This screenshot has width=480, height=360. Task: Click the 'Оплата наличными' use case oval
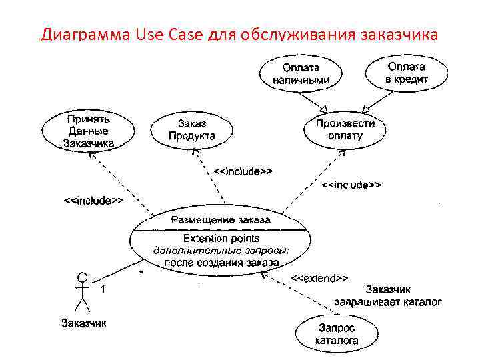301,74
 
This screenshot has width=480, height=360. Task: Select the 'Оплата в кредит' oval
407,73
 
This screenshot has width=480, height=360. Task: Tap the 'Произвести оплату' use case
345,129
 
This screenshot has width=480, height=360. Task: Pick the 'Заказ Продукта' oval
192,129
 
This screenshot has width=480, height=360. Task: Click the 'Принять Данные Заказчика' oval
88,131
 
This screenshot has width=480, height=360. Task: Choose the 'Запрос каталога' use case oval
337,334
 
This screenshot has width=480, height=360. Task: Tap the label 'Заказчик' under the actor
83,324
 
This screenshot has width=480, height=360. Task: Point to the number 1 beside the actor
103,290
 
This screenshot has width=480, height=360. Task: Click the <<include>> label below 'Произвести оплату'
352,185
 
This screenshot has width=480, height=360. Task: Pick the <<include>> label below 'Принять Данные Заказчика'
93,199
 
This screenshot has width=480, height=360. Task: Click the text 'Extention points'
221,238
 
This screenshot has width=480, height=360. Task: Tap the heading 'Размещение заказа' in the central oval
221,220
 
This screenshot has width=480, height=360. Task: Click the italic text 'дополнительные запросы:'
221,251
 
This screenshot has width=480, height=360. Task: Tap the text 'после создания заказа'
221,263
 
